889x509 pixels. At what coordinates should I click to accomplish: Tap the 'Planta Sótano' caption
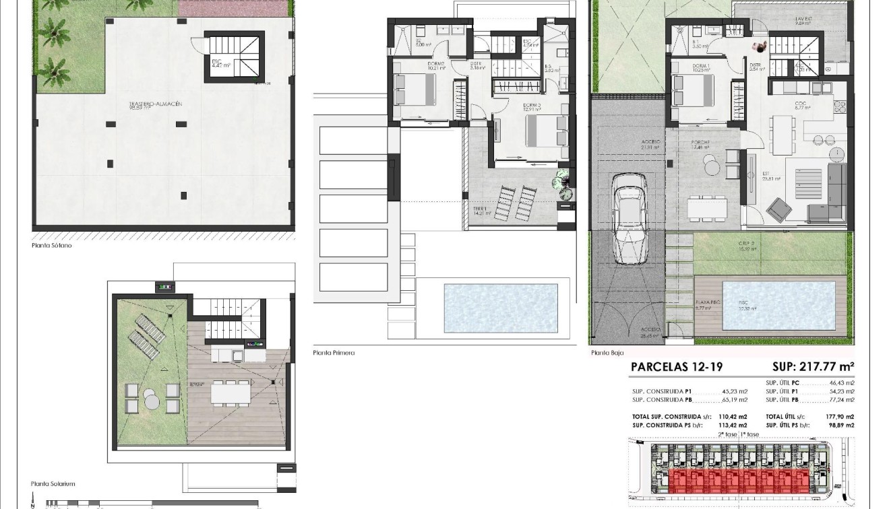(x=51, y=246)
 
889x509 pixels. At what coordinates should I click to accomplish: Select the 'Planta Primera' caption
(x=334, y=352)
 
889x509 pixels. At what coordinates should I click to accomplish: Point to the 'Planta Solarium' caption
(x=53, y=483)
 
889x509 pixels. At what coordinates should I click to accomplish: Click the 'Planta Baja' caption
(x=607, y=352)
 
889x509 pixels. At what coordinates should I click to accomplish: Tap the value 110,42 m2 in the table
(x=734, y=417)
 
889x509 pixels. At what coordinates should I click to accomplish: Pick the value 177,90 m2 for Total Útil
(x=840, y=417)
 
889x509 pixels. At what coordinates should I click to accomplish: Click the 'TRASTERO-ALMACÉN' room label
(x=156, y=104)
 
